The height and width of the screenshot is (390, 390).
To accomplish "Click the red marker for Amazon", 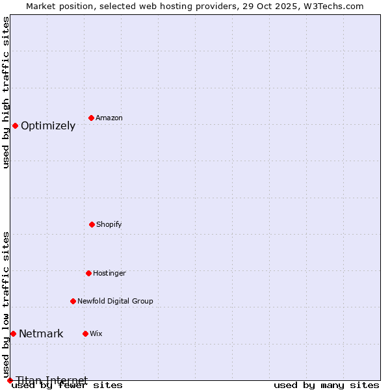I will coord(92,118).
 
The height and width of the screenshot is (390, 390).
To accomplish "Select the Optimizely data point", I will coord(15,125).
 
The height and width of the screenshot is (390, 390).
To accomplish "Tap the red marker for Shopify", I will coord(92,224).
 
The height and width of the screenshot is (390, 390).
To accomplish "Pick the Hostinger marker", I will coord(88,273).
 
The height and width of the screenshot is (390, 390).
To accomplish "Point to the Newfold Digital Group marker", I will coord(73,301).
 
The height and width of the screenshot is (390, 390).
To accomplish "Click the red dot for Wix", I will coord(85,333).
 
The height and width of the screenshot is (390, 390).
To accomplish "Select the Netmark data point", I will coord(13,333).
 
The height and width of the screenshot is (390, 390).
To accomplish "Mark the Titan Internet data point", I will coord(10,380).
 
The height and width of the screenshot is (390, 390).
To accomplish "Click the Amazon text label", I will coord(109,118).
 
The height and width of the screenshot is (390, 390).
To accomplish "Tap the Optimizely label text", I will coord(48,126).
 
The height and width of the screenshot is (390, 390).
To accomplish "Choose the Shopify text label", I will coord(109,225).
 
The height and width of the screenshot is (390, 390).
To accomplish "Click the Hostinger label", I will coord(109,274).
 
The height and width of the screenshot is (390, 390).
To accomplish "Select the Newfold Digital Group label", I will coord(115,302).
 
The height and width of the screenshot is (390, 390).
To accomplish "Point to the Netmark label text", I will coord(41,334).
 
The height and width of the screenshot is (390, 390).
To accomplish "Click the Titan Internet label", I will coord(52,380).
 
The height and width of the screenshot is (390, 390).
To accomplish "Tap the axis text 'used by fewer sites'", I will coord(67,385).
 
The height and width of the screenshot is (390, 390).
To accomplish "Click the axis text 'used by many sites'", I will coord(326,385).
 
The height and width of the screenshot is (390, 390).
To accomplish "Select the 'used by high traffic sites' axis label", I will coord(6,92).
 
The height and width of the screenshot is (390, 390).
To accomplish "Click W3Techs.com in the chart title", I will coord(331,6).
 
